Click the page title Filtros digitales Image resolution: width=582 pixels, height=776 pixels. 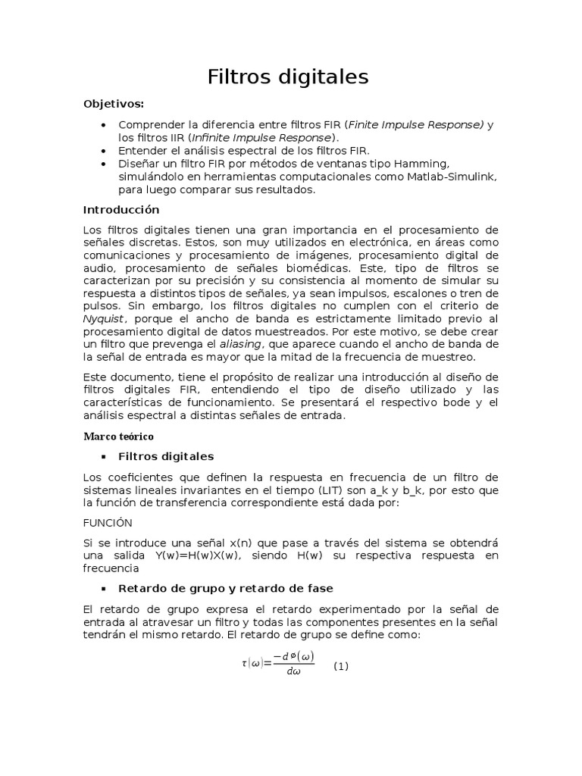tap(288, 77)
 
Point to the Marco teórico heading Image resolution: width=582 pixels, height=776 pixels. tap(117, 436)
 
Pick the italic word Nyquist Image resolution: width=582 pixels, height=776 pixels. tap(103, 319)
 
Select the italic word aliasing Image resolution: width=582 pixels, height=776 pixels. tap(241, 343)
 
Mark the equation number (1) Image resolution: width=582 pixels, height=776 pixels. tap(341, 666)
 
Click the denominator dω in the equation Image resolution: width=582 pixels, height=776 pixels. tap(294, 672)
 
